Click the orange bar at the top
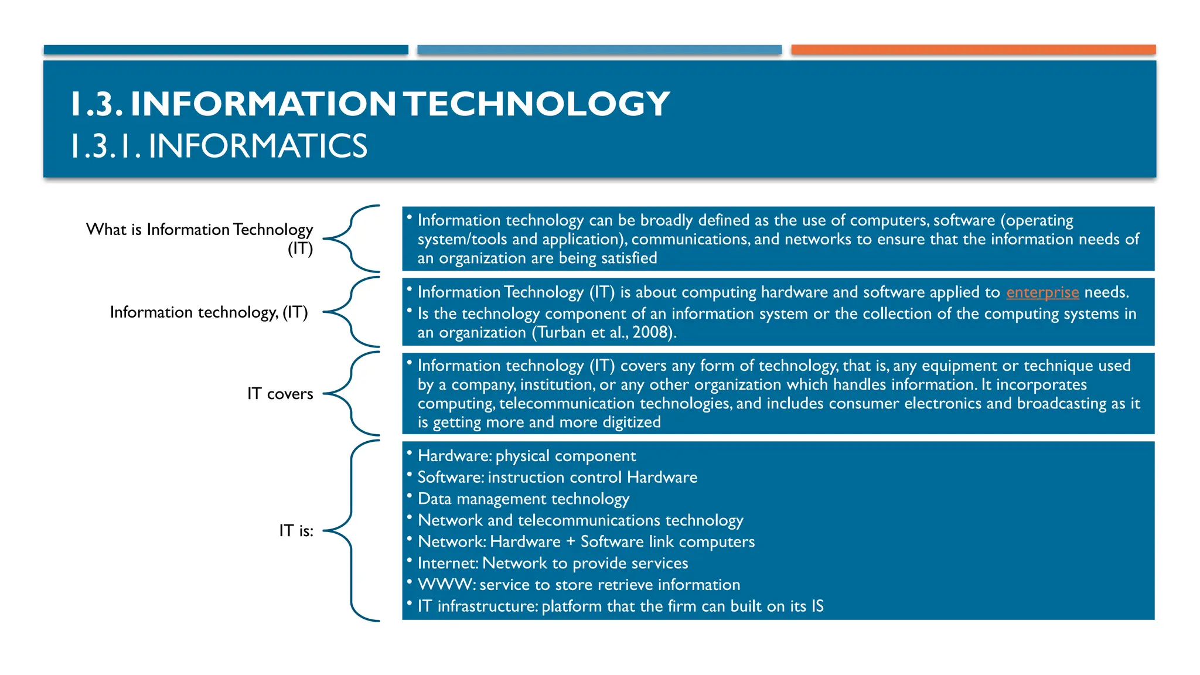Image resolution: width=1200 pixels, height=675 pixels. (973, 50)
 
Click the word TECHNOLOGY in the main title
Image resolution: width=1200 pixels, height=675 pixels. (537, 104)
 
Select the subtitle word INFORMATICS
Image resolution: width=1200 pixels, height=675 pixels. (258, 146)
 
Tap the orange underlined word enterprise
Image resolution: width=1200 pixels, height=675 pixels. (1042, 292)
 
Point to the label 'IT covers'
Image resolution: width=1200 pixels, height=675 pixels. (280, 394)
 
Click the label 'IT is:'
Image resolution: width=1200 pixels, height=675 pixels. (296, 531)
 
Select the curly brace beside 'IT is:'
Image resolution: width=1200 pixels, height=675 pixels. (352, 531)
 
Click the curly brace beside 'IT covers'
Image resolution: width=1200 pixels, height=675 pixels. (352, 394)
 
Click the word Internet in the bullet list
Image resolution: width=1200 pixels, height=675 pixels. (448, 563)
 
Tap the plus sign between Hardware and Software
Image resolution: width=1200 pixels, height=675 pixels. (570, 542)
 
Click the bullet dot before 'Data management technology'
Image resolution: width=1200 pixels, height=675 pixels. (410, 495)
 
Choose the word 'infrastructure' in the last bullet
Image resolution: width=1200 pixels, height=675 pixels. (487, 606)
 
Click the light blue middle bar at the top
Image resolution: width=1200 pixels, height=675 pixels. (599, 50)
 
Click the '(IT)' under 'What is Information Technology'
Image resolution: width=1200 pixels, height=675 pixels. (300, 248)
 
